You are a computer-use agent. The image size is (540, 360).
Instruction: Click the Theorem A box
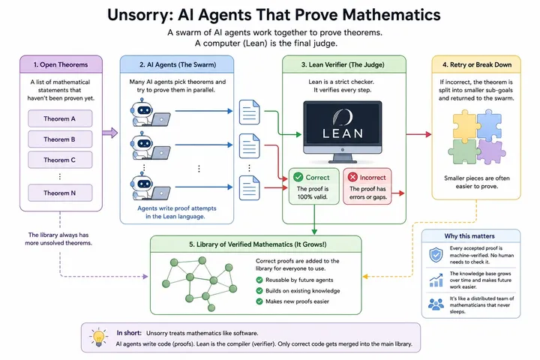click(x=60, y=118)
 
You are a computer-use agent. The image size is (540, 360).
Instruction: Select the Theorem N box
click(x=60, y=193)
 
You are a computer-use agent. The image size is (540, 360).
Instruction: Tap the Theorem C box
click(x=60, y=160)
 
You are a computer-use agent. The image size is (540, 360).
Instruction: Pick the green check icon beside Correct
click(x=298, y=177)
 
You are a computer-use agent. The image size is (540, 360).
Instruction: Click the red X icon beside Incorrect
click(x=352, y=177)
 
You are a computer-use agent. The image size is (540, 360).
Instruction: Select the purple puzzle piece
click(x=491, y=151)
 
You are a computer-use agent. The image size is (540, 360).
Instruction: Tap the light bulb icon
click(x=98, y=337)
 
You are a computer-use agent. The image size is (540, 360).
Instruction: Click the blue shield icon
click(x=436, y=255)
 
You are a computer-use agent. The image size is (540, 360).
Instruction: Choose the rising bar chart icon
click(x=436, y=280)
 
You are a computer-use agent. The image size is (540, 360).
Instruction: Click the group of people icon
click(x=436, y=304)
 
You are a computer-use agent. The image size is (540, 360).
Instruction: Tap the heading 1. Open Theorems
click(x=61, y=64)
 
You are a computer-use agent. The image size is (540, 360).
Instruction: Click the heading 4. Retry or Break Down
click(x=477, y=64)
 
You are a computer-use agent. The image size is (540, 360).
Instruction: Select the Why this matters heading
click(x=469, y=236)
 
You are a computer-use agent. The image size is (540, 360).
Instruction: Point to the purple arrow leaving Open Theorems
click(x=110, y=133)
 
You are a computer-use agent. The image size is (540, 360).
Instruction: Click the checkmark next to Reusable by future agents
click(x=259, y=280)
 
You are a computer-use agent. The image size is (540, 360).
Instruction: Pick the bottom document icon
click(x=249, y=187)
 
